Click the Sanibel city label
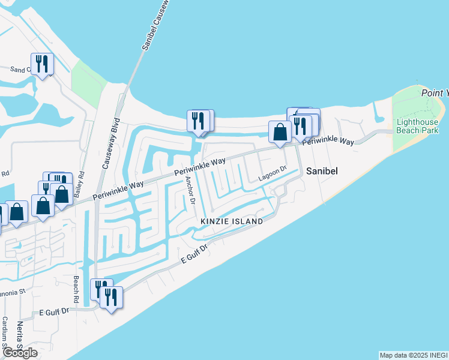tap(322, 171)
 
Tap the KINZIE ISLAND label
tap(232, 221)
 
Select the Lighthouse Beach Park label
tap(417, 126)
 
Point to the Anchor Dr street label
tap(190, 190)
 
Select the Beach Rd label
tap(76, 290)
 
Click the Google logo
tap(20, 353)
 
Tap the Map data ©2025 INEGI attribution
tap(414, 355)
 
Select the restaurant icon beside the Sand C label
tap(42, 63)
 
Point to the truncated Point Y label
tap(435, 93)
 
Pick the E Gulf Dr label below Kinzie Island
tap(194, 256)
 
